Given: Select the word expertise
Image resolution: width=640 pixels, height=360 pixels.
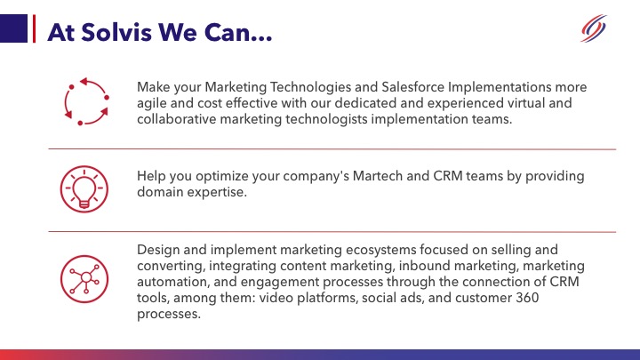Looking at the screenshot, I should click(x=220, y=193).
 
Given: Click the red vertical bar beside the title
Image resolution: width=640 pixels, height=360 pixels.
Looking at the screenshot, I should click(x=33, y=29).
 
